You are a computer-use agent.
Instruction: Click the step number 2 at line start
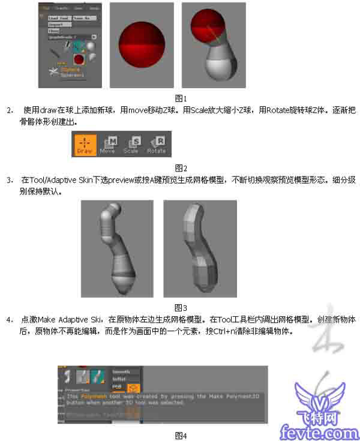coord(10,111)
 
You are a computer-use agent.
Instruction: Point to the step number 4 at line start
coord(10,320)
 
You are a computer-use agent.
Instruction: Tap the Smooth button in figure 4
coord(122,372)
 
